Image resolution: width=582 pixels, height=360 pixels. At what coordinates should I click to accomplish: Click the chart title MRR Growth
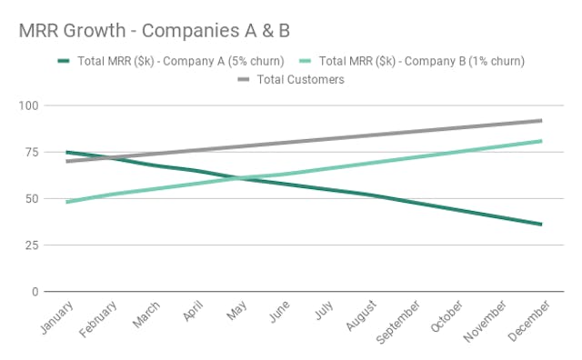(x=155, y=30)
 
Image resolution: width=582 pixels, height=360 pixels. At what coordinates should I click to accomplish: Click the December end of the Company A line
(x=541, y=224)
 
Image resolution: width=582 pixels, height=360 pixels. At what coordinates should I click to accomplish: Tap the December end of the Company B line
(x=541, y=141)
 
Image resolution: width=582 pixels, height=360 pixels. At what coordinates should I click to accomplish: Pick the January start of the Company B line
(x=67, y=202)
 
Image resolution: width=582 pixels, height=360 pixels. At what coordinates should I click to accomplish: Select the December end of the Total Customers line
(x=541, y=120)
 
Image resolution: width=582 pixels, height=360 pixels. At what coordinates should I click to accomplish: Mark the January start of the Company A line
(x=67, y=152)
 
